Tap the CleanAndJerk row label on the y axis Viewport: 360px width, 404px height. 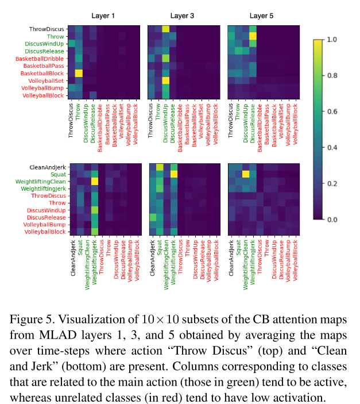point(47,167)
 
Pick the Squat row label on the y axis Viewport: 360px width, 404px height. point(57,174)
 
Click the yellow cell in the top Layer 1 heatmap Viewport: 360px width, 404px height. point(79,73)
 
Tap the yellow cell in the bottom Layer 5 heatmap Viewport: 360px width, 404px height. point(245,174)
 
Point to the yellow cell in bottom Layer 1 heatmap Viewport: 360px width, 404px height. point(95,181)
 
